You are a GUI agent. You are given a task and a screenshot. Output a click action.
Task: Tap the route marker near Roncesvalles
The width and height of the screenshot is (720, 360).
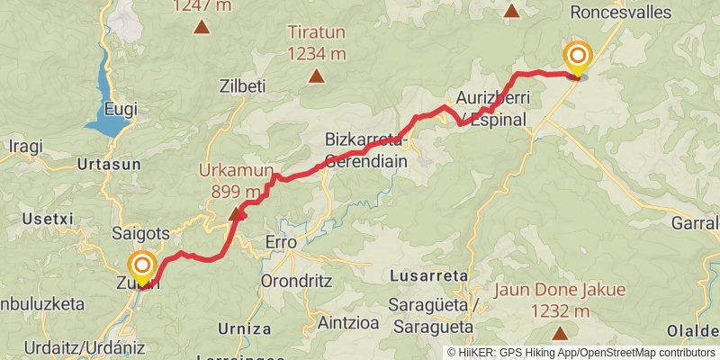[x=577, y=58]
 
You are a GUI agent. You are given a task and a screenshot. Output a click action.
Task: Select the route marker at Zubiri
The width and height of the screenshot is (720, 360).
[x=141, y=267]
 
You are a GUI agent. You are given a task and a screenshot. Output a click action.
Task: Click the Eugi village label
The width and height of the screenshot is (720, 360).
[x=121, y=109]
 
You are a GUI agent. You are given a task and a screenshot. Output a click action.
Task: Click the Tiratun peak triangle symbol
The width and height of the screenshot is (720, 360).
[x=316, y=76]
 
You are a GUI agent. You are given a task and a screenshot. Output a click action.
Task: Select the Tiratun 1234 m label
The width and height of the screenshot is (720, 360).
[x=316, y=42]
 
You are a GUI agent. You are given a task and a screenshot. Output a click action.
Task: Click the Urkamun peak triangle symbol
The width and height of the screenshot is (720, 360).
[x=238, y=214]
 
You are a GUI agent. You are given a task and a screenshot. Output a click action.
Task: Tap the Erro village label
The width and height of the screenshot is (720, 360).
[x=281, y=241]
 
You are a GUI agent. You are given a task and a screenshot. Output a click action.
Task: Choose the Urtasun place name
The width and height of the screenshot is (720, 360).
[x=109, y=165]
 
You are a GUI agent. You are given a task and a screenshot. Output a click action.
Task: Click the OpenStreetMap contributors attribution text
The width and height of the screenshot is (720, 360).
[x=648, y=353]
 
